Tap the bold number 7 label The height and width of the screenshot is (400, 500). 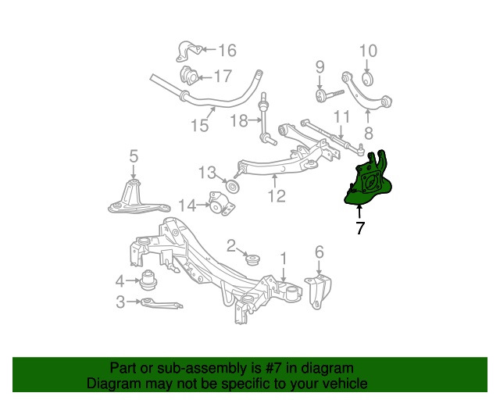[359, 229]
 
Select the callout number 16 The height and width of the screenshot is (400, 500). [227, 52]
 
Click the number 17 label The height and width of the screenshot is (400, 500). [223, 77]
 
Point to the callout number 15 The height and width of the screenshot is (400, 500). [199, 125]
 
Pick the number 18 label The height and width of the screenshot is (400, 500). [239, 120]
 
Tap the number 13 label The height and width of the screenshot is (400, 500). [205, 172]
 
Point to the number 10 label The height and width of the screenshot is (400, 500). [368, 52]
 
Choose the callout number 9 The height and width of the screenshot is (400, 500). [320, 67]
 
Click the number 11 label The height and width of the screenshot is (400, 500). [341, 118]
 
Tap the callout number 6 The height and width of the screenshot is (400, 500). [319, 252]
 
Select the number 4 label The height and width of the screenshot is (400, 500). [120, 280]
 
